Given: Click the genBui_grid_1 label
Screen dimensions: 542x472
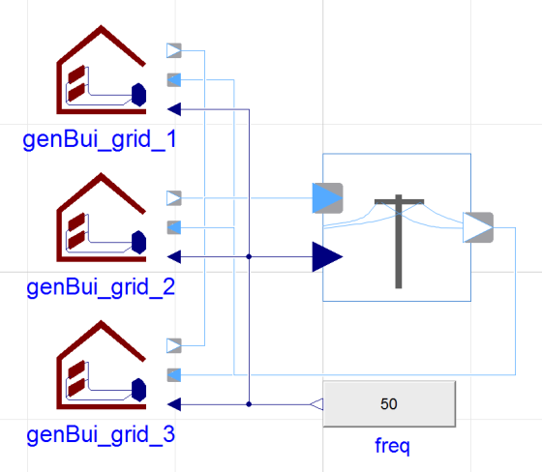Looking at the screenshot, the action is click(100, 139).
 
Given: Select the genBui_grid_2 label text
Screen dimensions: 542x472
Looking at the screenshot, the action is click(101, 287).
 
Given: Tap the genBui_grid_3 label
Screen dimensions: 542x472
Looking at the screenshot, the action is click(101, 434).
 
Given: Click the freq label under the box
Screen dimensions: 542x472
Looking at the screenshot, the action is click(392, 446).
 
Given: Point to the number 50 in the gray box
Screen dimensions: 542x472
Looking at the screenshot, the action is click(389, 404).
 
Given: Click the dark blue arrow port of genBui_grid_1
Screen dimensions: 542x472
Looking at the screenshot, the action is click(174, 109).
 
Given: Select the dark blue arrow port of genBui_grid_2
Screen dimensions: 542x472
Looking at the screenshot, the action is click(174, 256).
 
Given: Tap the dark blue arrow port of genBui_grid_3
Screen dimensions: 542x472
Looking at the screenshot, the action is click(174, 404).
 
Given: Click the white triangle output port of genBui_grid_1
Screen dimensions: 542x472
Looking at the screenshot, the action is click(174, 50).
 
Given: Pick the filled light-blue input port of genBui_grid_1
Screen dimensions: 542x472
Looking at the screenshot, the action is click(174, 80).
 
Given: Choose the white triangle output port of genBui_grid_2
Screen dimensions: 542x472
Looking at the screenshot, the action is click(174, 198).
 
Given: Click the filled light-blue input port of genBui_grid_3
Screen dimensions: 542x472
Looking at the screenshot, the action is click(174, 375).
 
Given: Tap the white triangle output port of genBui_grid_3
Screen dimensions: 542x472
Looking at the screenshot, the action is click(174, 345).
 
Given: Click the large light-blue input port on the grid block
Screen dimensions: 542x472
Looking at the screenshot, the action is click(327, 198).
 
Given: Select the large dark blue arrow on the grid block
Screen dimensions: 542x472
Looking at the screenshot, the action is click(327, 256).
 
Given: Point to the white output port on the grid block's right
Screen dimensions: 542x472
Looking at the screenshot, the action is click(478, 227).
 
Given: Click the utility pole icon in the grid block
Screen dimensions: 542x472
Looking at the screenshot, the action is click(399, 241).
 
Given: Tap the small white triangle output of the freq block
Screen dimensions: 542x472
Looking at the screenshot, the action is click(316, 404).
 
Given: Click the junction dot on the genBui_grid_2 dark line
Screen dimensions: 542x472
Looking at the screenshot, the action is click(249, 256).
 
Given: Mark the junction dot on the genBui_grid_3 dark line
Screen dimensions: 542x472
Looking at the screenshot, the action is click(249, 404).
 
